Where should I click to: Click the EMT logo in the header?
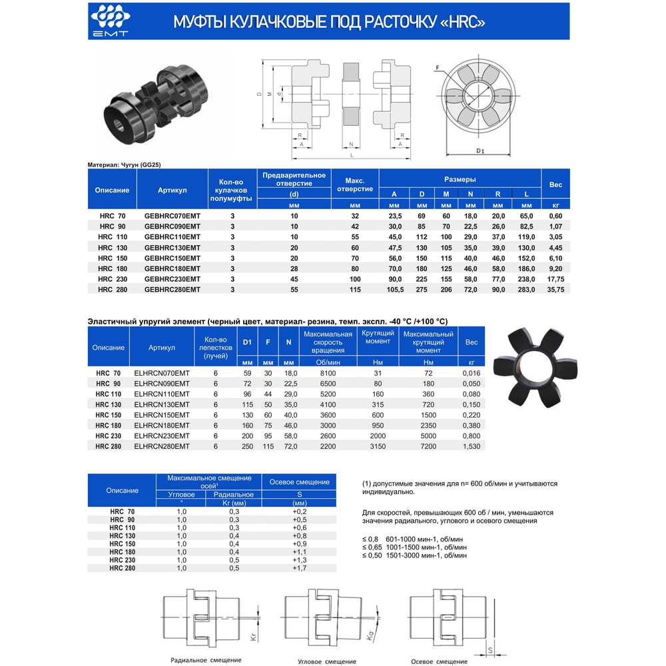(111, 21)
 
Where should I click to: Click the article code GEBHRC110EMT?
(172, 237)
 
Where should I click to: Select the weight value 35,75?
(555, 290)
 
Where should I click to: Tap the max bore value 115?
(355, 290)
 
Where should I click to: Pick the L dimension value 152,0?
(527, 258)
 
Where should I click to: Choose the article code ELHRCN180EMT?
(162, 426)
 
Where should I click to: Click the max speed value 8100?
(328, 374)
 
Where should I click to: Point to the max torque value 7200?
(428, 446)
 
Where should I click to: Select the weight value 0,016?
(472, 374)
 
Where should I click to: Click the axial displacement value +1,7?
(300, 568)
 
